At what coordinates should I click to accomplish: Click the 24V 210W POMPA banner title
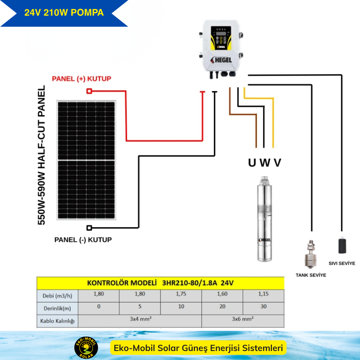pyautogui.click(x=64, y=13)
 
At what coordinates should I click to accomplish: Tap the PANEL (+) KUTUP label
pyautogui.click(x=81, y=79)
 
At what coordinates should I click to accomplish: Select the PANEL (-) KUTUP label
pyautogui.click(x=83, y=240)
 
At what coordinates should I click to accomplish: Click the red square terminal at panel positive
pyautogui.click(x=89, y=91)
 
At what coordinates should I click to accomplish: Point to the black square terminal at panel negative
pyautogui.click(x=89, y=228)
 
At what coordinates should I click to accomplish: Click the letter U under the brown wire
pyautogui.click(x=252, y=163)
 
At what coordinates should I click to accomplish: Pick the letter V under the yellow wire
pyautogui.click(x=277, y=163)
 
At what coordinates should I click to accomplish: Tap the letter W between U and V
pyautogui.click(x=264, y=163)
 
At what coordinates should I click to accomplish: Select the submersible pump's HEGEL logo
pyautogui.click(x=265, y=240)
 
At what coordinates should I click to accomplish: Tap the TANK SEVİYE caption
pyautogui.click(x=311, y=275)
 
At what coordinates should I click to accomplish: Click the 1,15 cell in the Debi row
pyautogui.click(x=263, y=294)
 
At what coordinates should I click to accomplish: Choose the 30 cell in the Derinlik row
pyautogui.click(x=263, y=307)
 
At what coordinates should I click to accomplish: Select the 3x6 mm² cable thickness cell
pyautogui.click(x=243, y=319)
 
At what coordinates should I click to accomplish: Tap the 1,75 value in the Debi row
pyautogui.click(x=181, y=294)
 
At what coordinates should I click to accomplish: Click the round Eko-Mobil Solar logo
pyautogui.click(x=86, y=348)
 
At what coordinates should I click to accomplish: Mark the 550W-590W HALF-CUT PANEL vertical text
pyautogui.click(x=42, y=155)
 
